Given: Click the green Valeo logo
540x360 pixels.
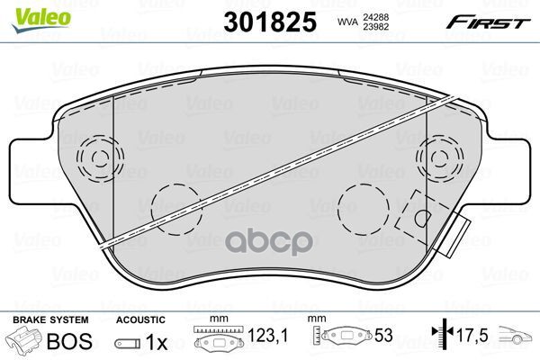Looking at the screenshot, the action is (41, 20).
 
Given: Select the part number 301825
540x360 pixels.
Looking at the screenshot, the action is (270, 22).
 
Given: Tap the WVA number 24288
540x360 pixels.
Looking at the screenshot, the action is (375, 17).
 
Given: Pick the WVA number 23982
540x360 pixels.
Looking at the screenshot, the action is (375, 26).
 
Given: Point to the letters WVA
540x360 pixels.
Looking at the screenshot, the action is (348, 22).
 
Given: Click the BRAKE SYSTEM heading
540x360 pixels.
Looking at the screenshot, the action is (50, 319).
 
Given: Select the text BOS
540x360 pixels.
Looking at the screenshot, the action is (69, 341).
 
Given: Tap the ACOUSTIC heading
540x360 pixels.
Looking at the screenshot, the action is (140, 319).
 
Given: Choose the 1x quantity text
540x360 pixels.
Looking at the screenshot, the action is (157, 342).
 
